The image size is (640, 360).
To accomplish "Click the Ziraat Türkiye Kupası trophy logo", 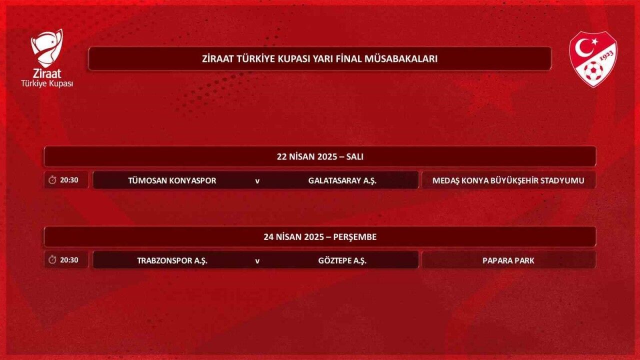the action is (47, 58).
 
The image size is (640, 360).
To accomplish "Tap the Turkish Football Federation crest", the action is (593, 59).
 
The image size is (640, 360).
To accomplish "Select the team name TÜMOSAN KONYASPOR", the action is (172, 180).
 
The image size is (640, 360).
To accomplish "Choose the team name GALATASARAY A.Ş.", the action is (342, 181).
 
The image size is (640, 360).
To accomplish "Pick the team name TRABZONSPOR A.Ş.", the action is (172, 261).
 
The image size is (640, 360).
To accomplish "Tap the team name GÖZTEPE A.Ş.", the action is (342, 261).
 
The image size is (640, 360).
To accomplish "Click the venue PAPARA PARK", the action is (508, 260).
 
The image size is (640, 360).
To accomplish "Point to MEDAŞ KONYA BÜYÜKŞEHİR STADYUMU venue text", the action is (508, 180).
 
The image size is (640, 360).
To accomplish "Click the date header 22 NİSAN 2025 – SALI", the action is (320, 156).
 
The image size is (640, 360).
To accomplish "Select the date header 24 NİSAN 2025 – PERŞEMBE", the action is (320, 237).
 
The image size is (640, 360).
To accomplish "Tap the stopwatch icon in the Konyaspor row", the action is (52, 180).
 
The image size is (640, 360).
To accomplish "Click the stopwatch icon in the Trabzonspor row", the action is (52, 260).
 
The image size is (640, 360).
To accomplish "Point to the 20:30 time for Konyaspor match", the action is (69, 180).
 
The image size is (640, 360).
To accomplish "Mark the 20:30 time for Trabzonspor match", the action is (69, 260).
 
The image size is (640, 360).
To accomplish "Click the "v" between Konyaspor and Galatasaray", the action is (257, 181).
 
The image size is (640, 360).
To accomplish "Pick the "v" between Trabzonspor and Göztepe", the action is (257, 261).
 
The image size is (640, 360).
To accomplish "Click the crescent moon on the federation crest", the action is (583, 48).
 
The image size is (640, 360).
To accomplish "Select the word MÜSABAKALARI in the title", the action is (401, 59).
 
